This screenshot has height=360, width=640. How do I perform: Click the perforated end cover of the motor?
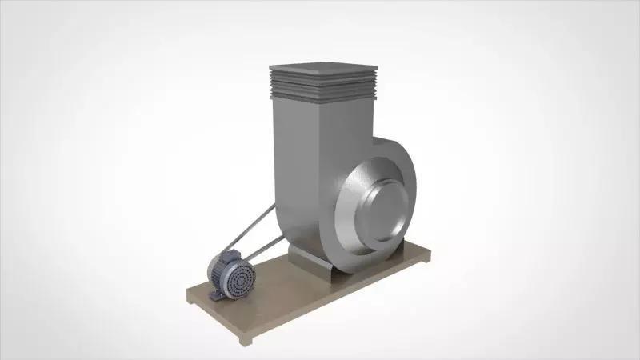tap(238, 280)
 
